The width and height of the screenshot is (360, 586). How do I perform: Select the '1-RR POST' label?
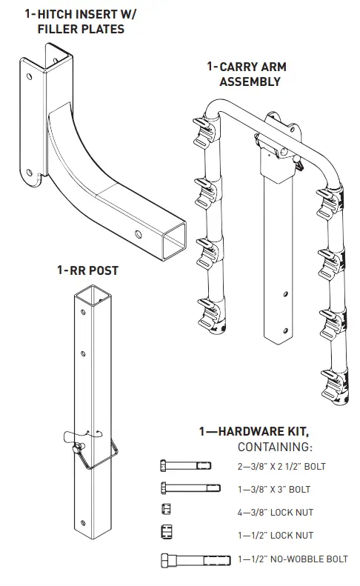click(87, 270)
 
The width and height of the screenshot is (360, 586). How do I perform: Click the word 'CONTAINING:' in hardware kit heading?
click(275, 447)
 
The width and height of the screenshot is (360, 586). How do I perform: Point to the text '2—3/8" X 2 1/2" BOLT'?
click(281, 466)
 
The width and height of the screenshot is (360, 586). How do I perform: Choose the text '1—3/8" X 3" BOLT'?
click(274, 489)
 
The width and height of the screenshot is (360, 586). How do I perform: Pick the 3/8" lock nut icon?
click(165, 509)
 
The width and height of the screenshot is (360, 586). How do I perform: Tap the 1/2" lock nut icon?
click(166, 532)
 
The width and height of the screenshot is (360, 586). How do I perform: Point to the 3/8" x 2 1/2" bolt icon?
click(185, 465)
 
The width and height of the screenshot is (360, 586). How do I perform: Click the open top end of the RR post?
click(91, 298)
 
